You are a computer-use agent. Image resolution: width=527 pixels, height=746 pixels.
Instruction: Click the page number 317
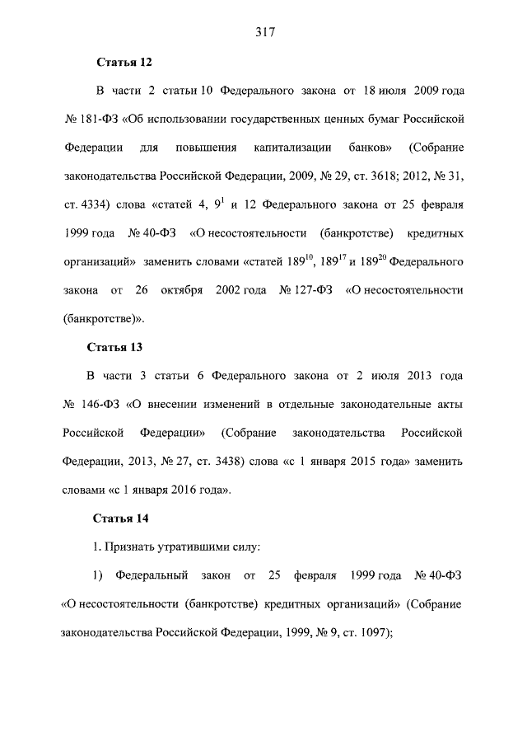click(263, 32)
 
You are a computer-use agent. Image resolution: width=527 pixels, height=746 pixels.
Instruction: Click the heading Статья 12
click(125, 62)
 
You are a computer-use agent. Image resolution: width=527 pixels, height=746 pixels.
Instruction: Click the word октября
click(184, 289)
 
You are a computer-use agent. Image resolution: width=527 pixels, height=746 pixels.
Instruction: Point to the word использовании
click(170, 119)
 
